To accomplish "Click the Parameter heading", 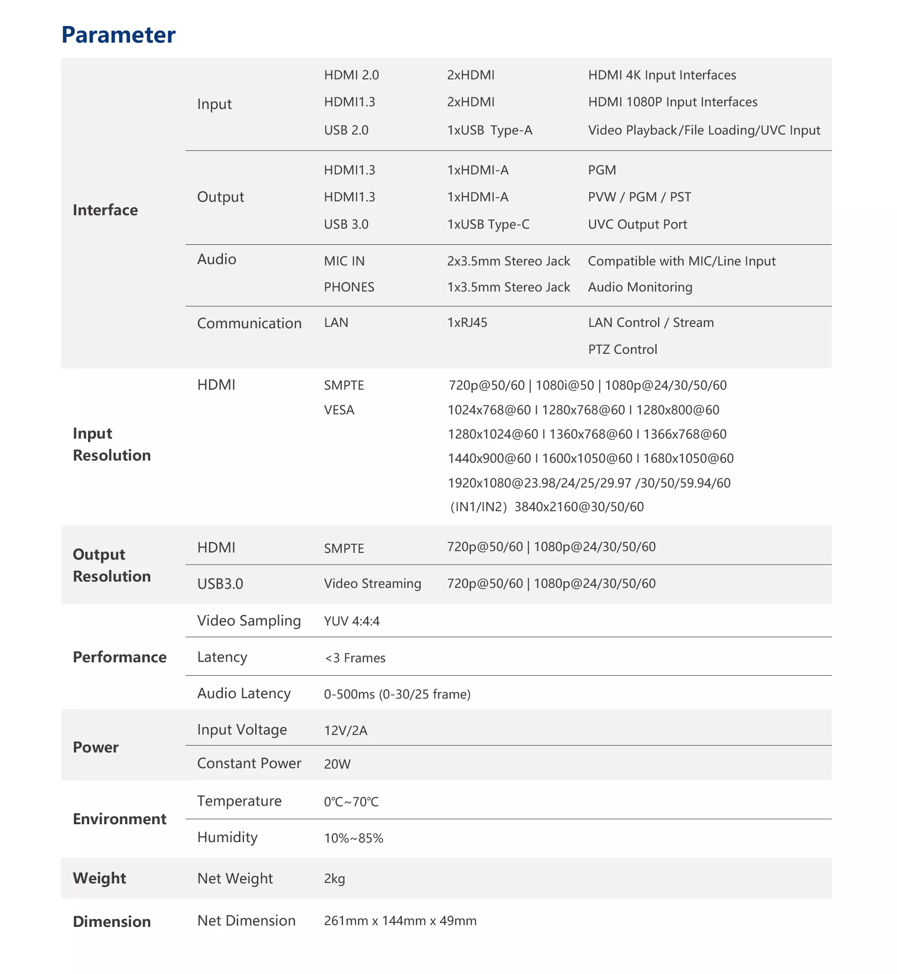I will point(118,35).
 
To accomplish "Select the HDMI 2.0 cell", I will point(352,75).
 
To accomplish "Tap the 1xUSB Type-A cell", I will point(489,130).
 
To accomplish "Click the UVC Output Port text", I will point(637,224).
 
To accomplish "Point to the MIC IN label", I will point(344,261).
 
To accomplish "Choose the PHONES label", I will point(349,287).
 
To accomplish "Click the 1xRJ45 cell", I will point(467,323).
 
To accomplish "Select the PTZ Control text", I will point(622,349).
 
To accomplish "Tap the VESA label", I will point(339,410).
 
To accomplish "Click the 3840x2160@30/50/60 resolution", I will point(579,507).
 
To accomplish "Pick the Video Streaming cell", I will point(372,583).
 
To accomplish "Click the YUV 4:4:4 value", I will point(352,621).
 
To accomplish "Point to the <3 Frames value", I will point(355,658).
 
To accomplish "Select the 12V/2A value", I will point(346,731).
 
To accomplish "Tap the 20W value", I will point(337,764).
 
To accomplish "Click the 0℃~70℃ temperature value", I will point(351,802).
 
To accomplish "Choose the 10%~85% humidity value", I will point(353,838).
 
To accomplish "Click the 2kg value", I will point(335,879).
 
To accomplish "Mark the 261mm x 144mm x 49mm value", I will point(400,921).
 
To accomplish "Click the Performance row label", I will point(119,657).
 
